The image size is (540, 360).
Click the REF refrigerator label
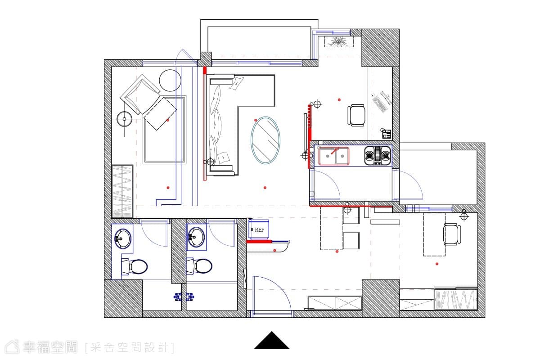260,230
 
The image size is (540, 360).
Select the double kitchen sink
334,156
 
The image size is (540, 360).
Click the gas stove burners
378,156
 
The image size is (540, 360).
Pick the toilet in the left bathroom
135,266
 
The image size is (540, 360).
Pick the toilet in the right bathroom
199,266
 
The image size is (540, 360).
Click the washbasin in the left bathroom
123,238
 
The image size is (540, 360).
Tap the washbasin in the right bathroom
196,237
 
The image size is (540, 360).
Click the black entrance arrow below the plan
272,341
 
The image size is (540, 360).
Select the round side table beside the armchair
170,80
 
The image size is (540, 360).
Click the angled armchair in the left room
140,94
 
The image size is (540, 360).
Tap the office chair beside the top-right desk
356,115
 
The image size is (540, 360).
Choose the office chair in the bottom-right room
452,234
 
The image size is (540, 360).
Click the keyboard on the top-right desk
380,103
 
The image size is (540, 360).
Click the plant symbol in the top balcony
339,42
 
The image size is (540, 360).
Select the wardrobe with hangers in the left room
122,191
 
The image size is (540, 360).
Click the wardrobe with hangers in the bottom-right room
455,300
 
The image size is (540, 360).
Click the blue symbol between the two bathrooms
184,297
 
